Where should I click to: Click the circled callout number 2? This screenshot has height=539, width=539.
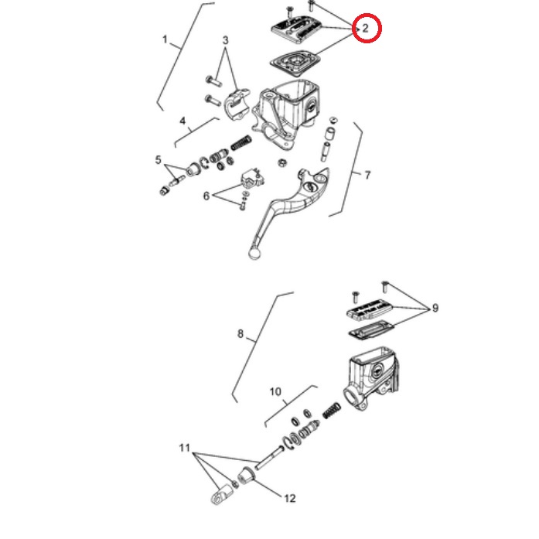point(366,28)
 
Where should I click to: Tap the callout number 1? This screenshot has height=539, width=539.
point(165,39)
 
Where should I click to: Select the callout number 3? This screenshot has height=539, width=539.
point(225,40)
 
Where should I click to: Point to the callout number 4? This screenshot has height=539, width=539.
point(183,121)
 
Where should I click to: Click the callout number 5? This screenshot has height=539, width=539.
point(158,160)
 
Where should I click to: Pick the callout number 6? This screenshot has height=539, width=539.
point(206,196)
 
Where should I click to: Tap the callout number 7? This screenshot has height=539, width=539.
point(367,175)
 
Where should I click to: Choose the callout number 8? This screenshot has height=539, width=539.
point(241,333)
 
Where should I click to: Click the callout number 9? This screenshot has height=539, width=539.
point(435,308)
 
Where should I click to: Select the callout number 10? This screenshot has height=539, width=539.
point(275,391)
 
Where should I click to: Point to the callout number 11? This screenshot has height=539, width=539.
point(185,448)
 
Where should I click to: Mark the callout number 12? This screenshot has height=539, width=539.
point(290,498)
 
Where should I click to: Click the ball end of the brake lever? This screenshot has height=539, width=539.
point(254,254)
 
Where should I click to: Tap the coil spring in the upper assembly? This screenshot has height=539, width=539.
point(241,142)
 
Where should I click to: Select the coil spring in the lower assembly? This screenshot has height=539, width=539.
point(332,411)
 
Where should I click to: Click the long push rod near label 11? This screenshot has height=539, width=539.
point(269,457)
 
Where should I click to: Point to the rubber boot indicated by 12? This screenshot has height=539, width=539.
point(246,476)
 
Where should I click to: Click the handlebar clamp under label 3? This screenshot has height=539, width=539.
point(237,102)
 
